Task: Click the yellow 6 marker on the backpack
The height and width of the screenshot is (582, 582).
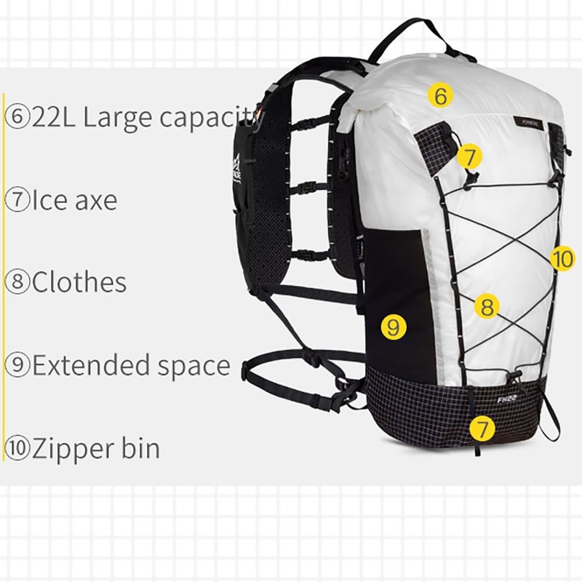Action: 440,95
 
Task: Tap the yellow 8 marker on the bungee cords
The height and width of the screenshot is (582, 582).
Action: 487,307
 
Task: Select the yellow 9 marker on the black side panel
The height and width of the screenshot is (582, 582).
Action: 393,327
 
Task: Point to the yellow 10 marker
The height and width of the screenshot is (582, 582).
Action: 562,258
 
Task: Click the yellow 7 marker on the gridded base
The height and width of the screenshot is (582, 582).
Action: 482,428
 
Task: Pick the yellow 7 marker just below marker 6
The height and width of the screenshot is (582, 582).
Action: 470,156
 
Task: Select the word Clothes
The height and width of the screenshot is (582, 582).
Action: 79,282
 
